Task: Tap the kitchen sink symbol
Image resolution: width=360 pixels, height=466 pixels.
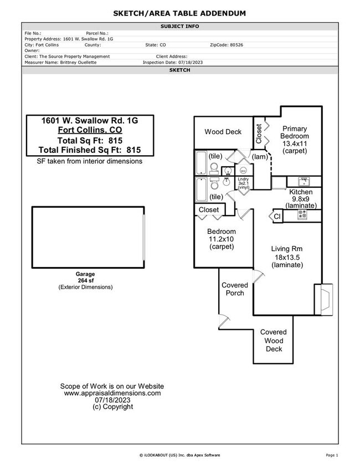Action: click(304, 181)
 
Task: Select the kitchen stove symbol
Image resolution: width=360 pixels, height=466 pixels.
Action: click(302, 216)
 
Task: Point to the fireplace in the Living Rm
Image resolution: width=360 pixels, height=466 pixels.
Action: click(325, 300)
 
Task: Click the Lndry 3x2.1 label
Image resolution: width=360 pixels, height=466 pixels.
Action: click(244, 183)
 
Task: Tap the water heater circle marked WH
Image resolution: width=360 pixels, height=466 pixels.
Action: click(243, 170)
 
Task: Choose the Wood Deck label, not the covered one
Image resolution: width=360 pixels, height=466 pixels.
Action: click(223, 132)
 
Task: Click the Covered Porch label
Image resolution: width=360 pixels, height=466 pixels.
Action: click(235, 289)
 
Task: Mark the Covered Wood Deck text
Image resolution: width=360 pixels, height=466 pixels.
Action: click(274, 340)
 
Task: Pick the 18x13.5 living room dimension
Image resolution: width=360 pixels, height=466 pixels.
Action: click(287, 257)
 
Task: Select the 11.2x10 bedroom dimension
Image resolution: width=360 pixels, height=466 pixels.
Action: click(222, 239)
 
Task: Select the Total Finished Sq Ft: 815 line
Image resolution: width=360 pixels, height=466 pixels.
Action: click(90, 150)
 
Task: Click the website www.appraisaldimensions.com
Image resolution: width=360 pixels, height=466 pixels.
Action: click(112, 393)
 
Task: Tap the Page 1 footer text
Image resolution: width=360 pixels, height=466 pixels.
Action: click(332, 455)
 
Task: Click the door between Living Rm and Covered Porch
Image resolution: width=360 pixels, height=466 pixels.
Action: click(256, 275)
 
